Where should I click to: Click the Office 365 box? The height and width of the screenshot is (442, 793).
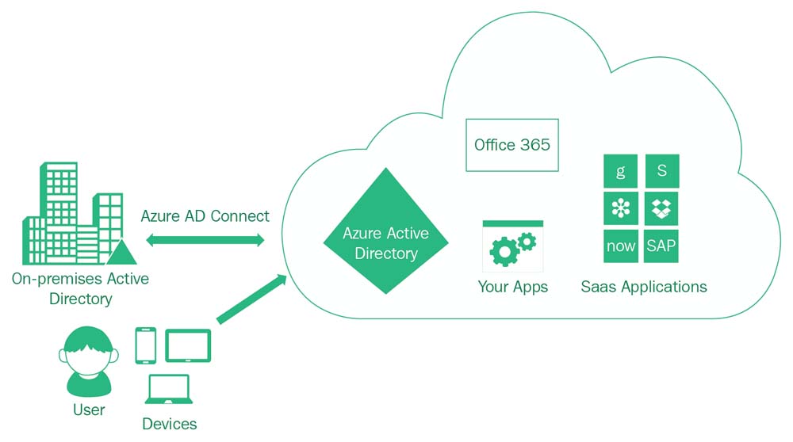click(511, 145)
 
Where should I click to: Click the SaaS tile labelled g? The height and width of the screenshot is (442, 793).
click(620, 170)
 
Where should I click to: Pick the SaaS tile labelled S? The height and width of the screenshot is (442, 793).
click(661, 170)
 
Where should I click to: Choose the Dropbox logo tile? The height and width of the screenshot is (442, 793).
click(661, 208)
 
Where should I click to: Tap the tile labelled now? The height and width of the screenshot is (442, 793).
click(620, 246)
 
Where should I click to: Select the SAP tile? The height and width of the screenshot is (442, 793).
click(661, 246)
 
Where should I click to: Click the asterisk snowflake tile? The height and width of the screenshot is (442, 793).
click(620, 208)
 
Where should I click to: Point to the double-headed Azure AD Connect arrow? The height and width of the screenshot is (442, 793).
click(205, 240)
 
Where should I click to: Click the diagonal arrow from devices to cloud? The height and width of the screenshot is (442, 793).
click(251, 299)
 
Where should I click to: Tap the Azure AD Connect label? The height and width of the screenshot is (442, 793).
click(205, 215)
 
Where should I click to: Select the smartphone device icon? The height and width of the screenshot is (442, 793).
click(146, 345)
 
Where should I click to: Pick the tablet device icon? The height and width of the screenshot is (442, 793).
click(187, 345)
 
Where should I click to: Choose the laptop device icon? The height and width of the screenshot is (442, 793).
click(167, 390)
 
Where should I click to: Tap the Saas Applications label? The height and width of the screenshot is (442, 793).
click(643, 286)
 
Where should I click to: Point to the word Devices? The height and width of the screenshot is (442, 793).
click(169, 424)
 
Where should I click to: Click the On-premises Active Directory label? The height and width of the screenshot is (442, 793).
click(80, 288)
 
